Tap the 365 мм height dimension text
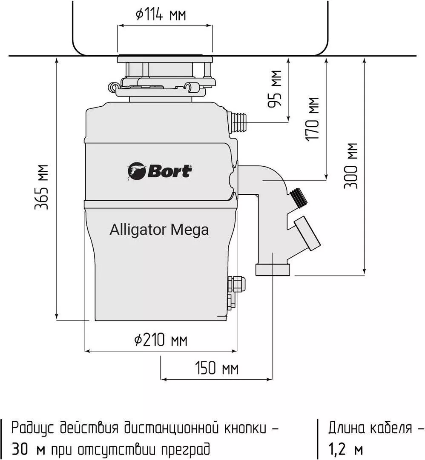[41, 187]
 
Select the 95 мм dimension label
[275, 88]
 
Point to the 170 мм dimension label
[312, 119]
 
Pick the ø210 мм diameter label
[161, 340]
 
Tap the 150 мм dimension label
[217, 368]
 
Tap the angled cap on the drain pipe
[307, 233]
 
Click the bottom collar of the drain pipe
[273, 270]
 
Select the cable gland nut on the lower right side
[237, 284]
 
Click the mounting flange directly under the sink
[165, 59]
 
